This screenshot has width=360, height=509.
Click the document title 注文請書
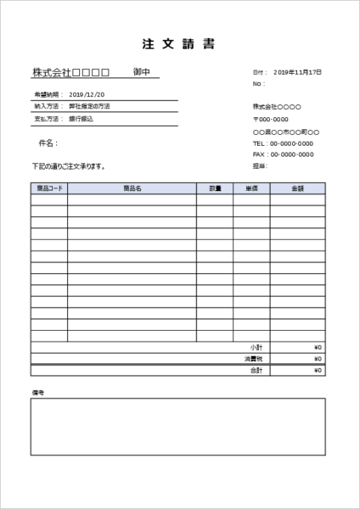pos(179,45)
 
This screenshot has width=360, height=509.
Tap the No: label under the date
pos(257,84)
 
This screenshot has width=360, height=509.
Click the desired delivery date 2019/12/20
pos(87,94)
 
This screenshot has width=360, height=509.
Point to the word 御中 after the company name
pos(142,73)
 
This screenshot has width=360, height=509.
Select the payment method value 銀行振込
pos(82,120)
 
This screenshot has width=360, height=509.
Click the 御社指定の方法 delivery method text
pos(89,107)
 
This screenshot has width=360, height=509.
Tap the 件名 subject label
pos(48,143)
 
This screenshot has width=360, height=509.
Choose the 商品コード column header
pos(49,187)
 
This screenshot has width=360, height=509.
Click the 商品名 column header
pos(132,187)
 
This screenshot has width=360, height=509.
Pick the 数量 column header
pos(215,187)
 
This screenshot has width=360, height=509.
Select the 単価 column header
pos(251,187)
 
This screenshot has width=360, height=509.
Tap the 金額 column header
pos(297,187)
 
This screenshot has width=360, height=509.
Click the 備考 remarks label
pos(37,393)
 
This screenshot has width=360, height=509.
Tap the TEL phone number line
pos(283,144)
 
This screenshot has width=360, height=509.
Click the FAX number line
pos(283,155)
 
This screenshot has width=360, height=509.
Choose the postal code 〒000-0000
pos(271,120)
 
